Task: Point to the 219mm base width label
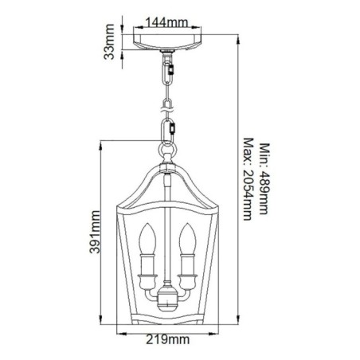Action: click(x=169, y=341)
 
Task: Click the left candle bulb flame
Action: click(x=147, y=237)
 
